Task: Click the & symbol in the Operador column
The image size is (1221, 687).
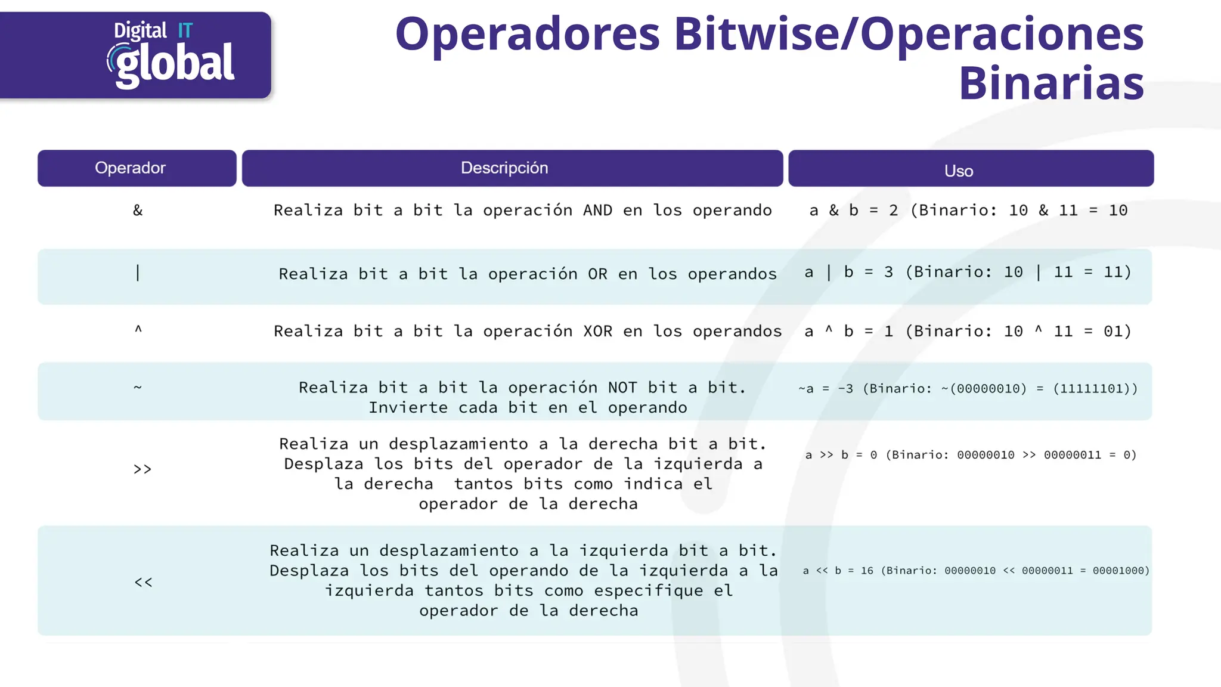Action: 138,211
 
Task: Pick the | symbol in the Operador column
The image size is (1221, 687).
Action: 138,273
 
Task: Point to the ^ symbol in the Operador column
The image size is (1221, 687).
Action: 138,329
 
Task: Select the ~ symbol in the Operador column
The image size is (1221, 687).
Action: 138,388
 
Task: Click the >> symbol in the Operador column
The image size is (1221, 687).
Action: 142,469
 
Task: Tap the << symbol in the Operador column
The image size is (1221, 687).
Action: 143,582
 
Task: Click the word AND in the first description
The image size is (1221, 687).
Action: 597,211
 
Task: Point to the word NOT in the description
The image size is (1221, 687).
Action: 622,388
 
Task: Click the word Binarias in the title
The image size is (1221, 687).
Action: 1051,83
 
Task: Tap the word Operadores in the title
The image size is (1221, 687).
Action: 528,34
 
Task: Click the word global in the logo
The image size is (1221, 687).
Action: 175,64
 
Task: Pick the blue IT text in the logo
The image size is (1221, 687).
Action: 185,30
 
